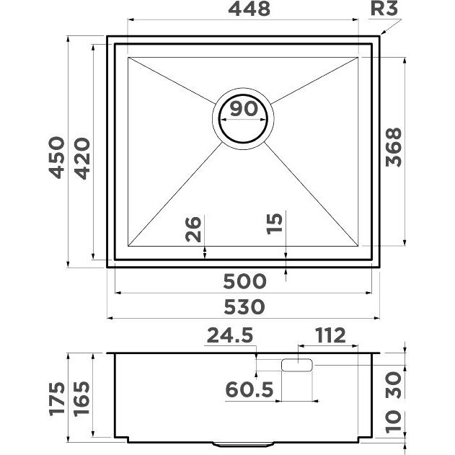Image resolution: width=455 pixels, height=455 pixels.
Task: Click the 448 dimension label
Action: (249, 9)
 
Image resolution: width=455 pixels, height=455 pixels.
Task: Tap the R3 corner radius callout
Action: (384, 9)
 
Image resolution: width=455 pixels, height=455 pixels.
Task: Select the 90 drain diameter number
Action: (244, 109)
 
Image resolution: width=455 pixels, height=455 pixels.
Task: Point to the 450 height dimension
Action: (57, 157)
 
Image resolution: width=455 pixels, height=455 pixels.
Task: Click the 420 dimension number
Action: (82, 159)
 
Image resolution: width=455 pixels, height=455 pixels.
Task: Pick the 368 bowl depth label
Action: (394, 147)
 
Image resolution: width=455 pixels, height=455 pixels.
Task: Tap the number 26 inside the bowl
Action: (193, 229)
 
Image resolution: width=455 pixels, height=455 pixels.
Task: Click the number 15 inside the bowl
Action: (275, 224)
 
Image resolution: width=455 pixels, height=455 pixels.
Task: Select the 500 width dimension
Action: (244, 281)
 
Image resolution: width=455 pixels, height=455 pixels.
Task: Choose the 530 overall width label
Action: (244, 307)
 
